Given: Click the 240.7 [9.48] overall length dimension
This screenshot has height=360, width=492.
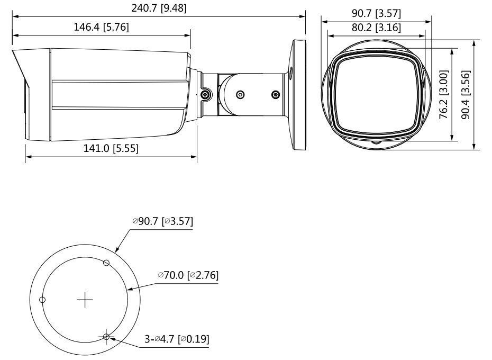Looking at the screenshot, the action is tap(159, 8).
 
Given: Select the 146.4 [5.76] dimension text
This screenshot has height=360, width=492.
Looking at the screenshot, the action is tap(101, 27).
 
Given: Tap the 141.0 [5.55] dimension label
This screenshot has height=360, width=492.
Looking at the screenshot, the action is tap(111, 148).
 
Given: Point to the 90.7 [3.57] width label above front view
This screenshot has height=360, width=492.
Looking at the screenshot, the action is tap(376, 14).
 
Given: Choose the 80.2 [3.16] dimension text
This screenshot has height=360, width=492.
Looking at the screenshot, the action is tap(376, 28).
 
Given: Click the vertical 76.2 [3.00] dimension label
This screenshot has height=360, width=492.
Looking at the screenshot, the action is tap(443, 94).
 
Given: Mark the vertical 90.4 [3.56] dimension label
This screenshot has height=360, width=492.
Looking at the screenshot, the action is tap(466, 95).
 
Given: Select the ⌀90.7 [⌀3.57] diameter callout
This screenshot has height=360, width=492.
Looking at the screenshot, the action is tap(162, 221).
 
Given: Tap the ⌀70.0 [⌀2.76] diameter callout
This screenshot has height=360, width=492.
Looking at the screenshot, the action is tap(188, 275).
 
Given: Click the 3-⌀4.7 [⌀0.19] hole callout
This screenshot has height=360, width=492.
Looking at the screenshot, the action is tap(177, 339).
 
